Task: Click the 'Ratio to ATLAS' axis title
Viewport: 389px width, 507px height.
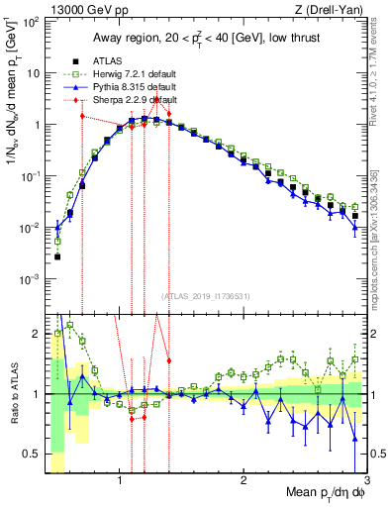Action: (13, 393)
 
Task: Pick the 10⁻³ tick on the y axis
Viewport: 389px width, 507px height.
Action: (30, 279)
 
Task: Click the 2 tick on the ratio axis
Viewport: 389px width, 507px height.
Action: (37, 334)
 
